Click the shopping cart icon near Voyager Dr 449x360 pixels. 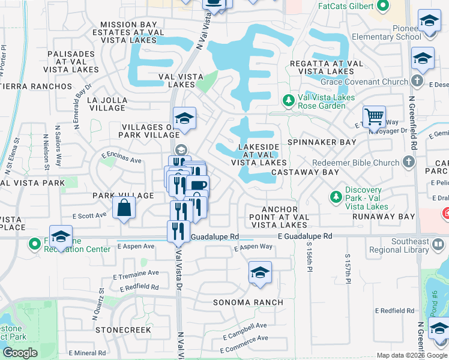[374, 116]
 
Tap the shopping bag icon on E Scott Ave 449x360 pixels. [124, 208]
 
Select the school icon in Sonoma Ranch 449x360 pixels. [259, 274]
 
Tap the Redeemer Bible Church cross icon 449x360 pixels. [408, 163]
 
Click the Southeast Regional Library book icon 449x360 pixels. [439, 245]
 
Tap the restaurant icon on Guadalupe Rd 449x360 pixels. [178, 231]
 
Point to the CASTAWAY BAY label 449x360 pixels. [305, 172]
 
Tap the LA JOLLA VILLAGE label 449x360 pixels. [106, 104]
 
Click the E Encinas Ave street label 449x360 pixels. [121, 158]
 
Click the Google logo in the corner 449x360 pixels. [20, 352]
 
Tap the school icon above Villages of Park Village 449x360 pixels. [185, 118]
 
